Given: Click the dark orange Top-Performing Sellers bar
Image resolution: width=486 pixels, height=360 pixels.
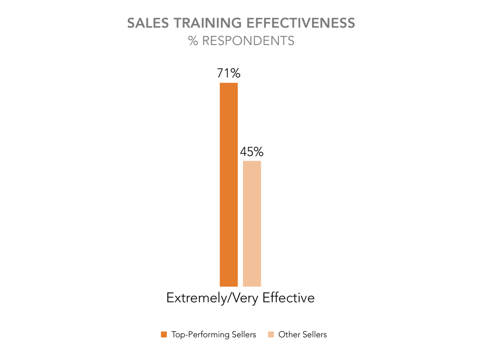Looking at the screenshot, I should point(229,184).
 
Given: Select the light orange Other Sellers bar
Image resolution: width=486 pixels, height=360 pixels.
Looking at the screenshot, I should point(252,223).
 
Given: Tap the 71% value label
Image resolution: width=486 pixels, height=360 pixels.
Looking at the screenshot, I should point(229,73).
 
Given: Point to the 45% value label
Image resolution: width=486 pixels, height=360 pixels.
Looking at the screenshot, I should point(252,152).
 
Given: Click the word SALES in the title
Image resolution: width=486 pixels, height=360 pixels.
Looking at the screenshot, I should point(145,23).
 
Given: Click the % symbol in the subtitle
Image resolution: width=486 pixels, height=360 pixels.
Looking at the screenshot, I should point(193,41).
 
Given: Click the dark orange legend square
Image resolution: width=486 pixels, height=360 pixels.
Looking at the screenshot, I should point(164,335).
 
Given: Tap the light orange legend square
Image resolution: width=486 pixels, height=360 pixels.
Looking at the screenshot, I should point(271,335).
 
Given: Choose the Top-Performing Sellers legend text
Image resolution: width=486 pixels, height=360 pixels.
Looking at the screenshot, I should point(214,335).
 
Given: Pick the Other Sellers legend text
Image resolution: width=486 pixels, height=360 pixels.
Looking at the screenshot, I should point(302,335).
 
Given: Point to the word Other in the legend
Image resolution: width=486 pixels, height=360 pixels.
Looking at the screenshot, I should point(289,335).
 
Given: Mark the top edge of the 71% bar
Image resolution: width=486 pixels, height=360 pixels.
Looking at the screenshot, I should point(229,83).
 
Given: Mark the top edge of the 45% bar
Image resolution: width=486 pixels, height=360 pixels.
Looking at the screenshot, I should point(252,161).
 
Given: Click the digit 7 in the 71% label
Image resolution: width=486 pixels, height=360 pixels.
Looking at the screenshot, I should point(221,73).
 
